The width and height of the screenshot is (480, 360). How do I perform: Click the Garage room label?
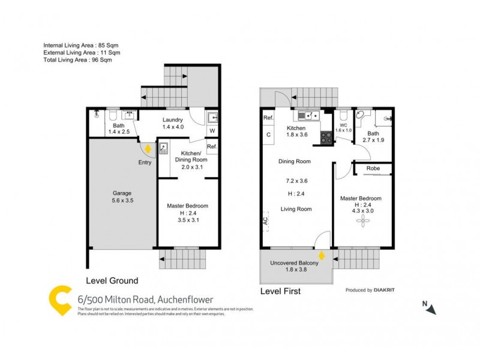(122, 193)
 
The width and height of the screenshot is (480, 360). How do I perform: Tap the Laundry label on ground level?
(173, 119)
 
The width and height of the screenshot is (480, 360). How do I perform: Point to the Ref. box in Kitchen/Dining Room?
(212, 147)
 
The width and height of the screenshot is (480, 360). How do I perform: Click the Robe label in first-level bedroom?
(374, 170)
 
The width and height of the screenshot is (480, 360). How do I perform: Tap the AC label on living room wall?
(265, 222)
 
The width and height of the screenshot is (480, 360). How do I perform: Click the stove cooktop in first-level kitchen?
(326, 137)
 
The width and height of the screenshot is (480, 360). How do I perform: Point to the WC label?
(343, 125)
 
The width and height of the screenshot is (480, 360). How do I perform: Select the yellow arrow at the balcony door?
(322, 256)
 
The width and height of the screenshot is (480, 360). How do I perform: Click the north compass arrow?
(431, 308)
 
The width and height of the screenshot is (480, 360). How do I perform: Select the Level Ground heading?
(113, 280)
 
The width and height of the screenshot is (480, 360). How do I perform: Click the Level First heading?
(280, 292)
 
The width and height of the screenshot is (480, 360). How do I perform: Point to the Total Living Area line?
(78, 60)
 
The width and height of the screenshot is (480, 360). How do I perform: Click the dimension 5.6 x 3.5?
(122, 201)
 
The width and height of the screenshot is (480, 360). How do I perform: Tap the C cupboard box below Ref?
(268, 134)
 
